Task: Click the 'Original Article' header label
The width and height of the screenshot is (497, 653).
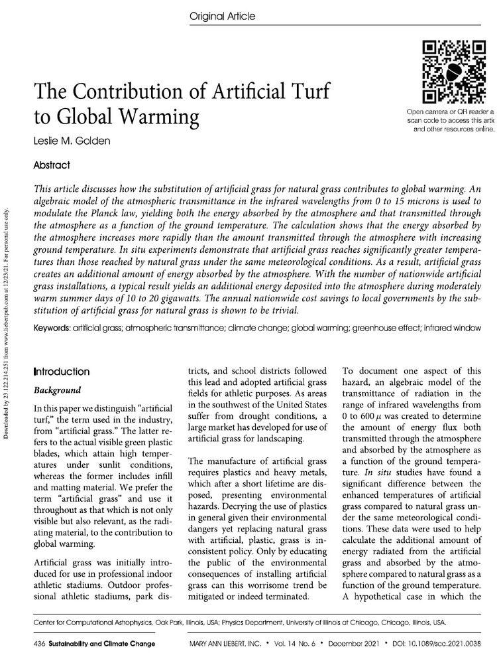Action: (x=222, y=15)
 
